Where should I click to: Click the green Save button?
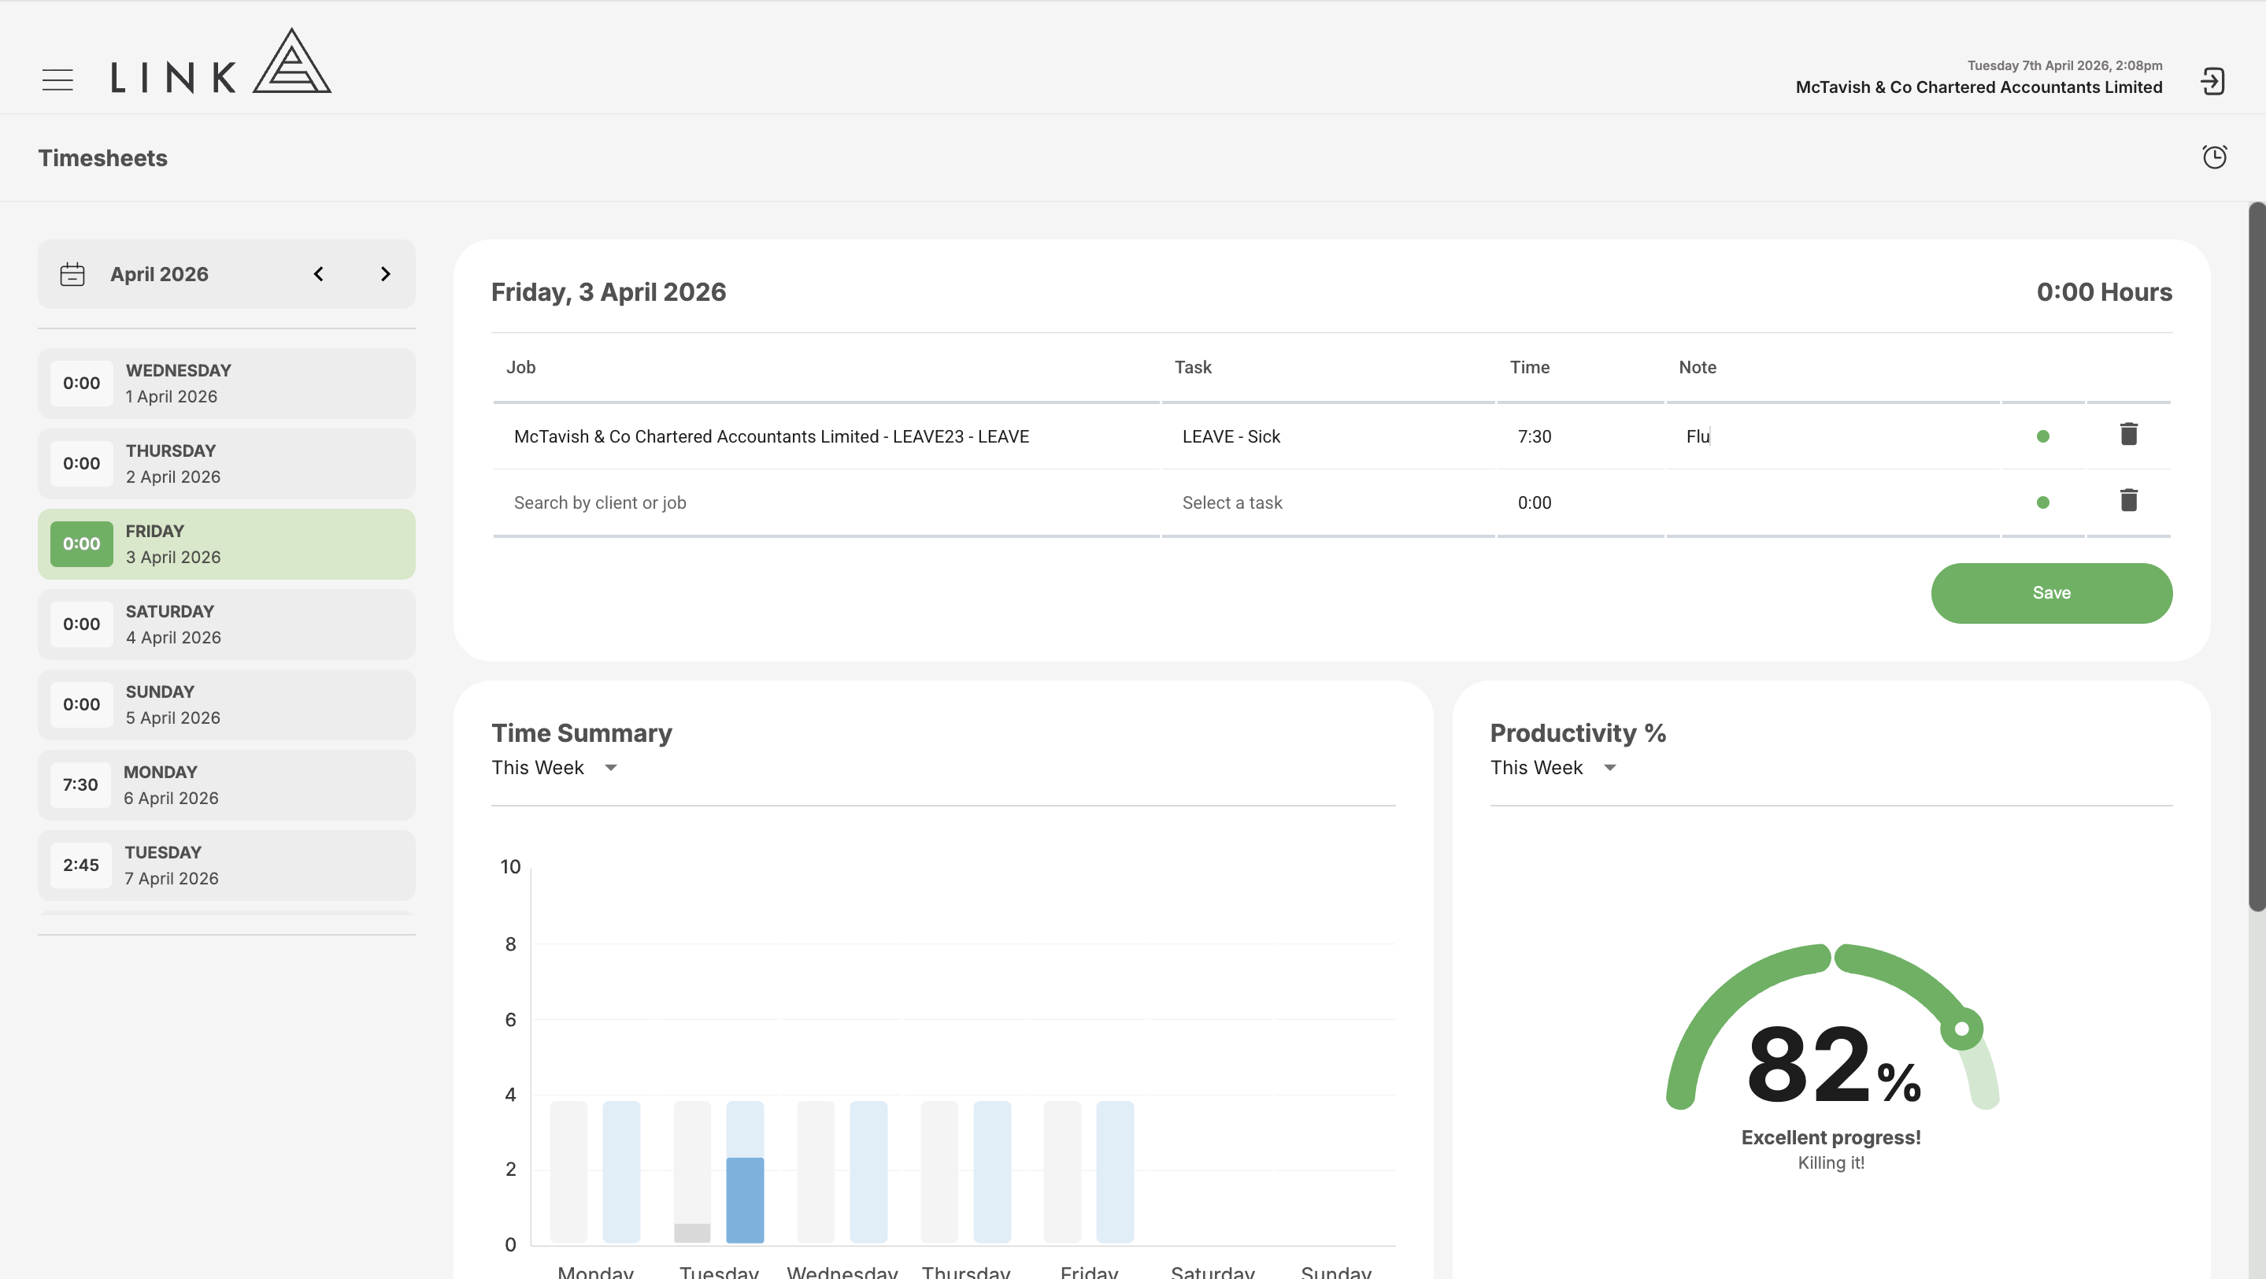[2051, 593]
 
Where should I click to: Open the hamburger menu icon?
[58, 80]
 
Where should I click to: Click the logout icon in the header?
[2212, 81]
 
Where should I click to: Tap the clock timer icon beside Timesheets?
[2214, 157]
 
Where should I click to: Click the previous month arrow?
[318, 273]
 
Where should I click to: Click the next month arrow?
[385, 273]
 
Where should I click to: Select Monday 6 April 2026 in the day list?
[226, 784]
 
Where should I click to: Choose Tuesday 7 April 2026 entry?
[226, 865]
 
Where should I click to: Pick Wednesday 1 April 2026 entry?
[226, 383]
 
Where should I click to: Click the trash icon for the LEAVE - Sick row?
[2129, 435]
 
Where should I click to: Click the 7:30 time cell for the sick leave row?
[1535, 436]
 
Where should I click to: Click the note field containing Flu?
[1833, 436]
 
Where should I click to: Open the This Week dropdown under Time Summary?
[555, 768]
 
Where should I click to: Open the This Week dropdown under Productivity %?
[1553, 768]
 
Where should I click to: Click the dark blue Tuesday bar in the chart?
[745, 1199]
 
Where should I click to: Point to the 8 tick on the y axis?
[510, 943]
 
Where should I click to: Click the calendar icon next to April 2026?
[72, 274]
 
